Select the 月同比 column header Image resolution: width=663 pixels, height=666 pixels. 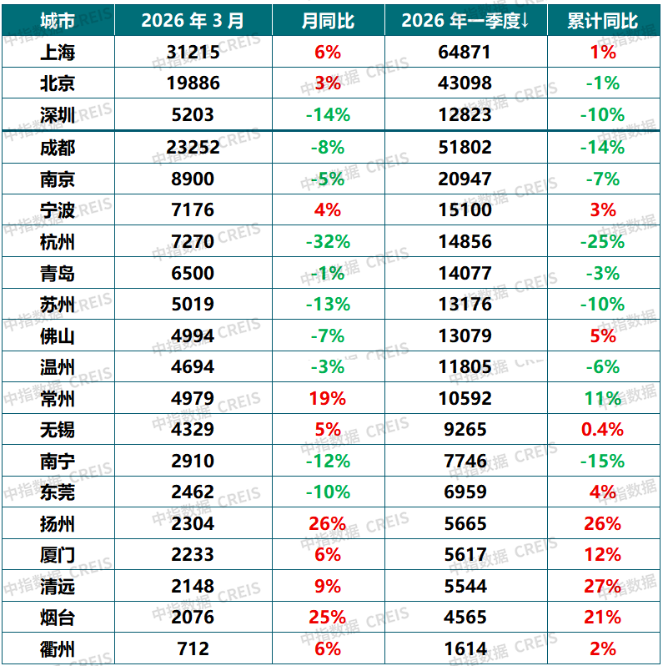327,19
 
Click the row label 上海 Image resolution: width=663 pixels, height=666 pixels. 57,53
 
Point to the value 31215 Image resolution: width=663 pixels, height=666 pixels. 193,53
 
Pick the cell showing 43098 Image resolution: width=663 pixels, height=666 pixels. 465,83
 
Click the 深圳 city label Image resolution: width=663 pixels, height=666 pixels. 57,115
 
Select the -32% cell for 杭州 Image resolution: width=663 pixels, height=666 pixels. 327,242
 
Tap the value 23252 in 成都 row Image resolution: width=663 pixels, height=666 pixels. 193,148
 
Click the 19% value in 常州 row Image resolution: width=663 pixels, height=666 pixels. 327,399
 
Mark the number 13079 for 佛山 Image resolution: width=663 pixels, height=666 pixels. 465,336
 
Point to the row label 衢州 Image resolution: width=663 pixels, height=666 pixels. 57,648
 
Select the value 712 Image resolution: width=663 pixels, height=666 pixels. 193,648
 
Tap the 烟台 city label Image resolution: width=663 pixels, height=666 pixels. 57,618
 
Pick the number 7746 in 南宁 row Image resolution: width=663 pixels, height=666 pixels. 465,462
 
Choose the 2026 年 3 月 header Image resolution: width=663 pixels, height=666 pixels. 193,19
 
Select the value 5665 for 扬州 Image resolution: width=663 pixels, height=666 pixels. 465,524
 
